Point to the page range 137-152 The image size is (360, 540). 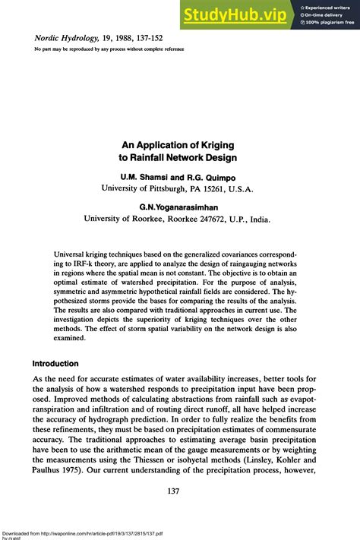tap(165, 36)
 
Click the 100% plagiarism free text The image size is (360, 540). tap(330, 22)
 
